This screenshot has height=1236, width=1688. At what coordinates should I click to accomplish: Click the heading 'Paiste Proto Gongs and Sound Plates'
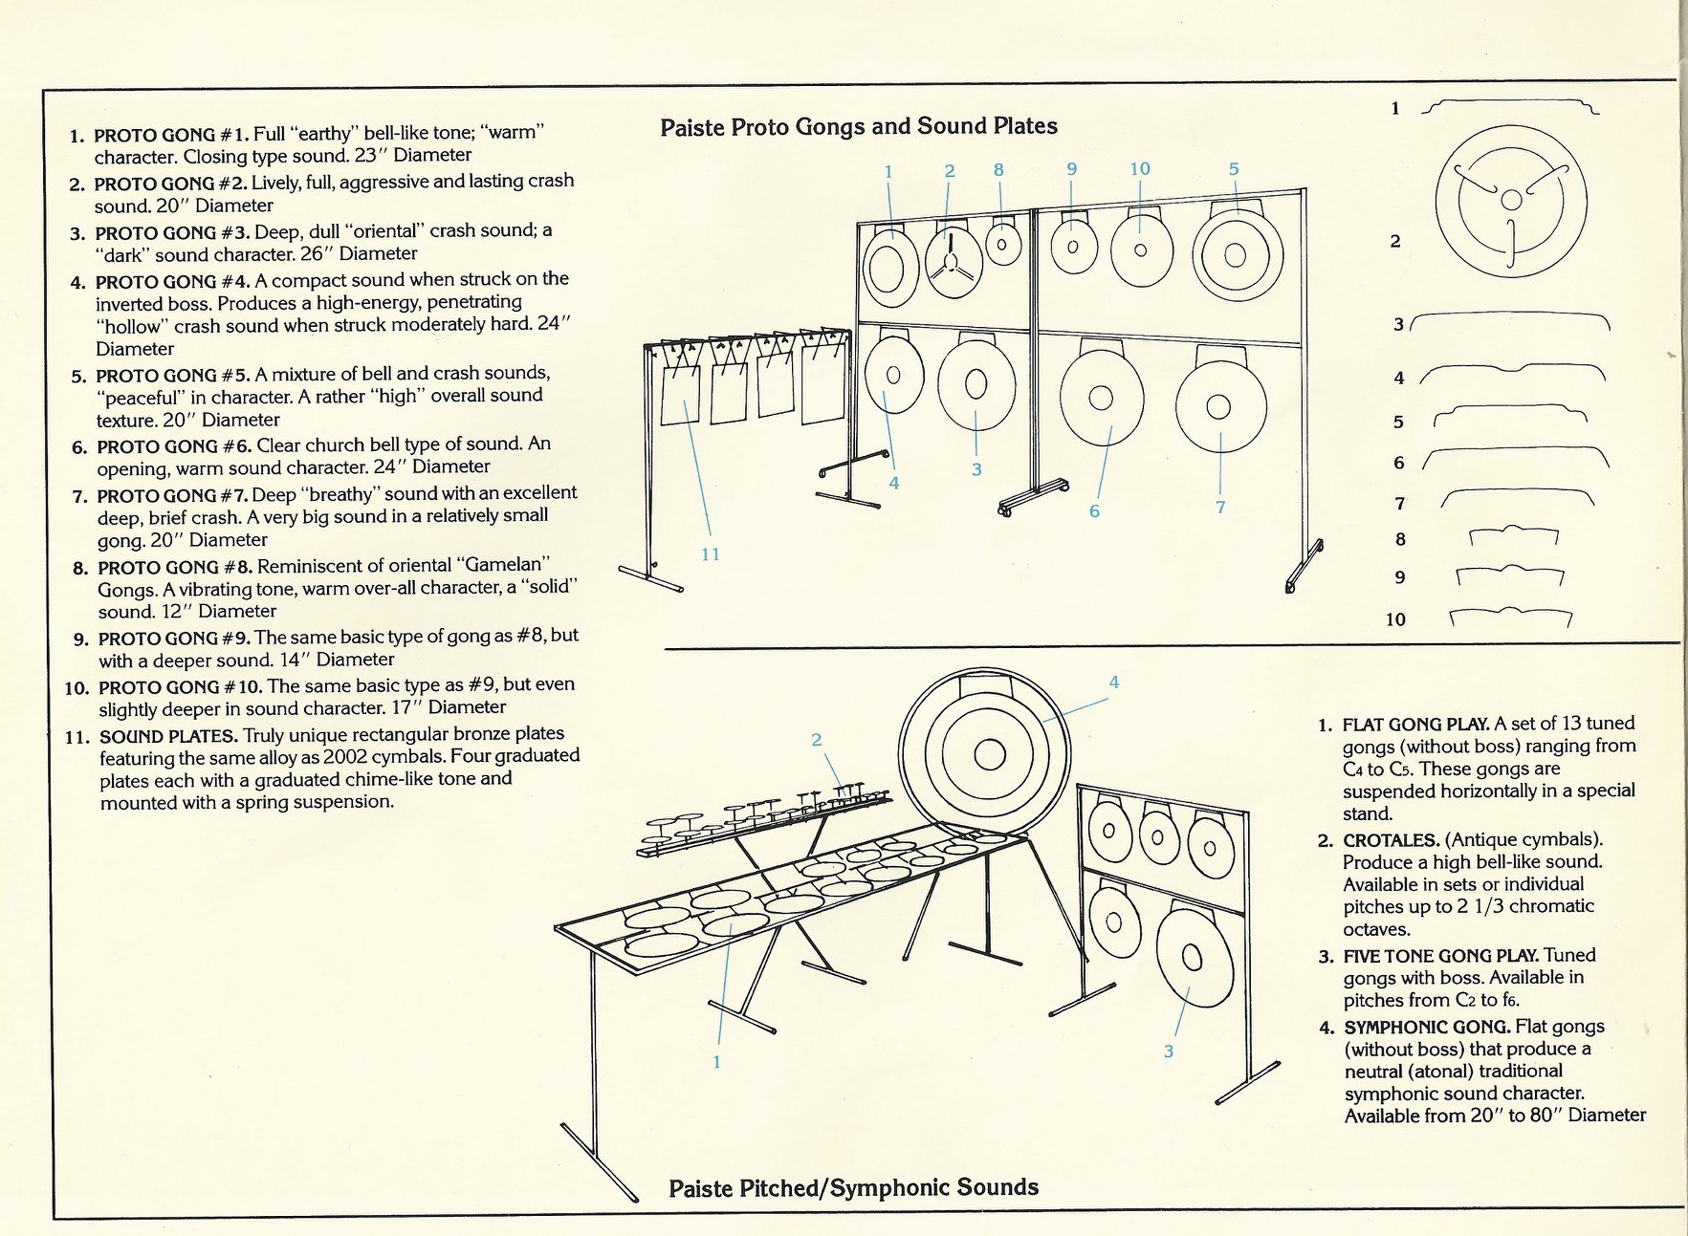(x=858, y=126)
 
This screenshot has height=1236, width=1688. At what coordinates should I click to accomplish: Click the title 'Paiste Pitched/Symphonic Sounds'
(x=853, y=1187)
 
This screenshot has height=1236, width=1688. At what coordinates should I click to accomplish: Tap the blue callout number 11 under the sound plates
(x=710, y=553)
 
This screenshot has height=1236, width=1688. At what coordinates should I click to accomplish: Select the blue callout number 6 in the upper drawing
(x=1094, y=511)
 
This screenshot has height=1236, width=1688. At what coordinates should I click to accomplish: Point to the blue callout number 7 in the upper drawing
(x=1220, y=507)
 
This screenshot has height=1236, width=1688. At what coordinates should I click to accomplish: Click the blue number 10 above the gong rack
(x=1139, y=169)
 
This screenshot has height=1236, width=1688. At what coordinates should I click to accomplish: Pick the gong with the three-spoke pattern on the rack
(x=954, y=265)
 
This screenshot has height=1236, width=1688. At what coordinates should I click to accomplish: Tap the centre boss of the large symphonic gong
(x=989, y=755)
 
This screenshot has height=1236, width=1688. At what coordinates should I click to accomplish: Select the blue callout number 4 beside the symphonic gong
(x=1113, y=682)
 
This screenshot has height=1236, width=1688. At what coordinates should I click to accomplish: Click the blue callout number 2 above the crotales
(x=816, y=739)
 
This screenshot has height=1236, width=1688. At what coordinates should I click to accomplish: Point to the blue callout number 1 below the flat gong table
(x=716, y=1061)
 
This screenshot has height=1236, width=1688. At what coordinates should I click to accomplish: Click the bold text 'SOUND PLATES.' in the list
(x=168, y=736)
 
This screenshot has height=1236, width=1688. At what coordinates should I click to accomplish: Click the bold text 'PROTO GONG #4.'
(x=172, y=281)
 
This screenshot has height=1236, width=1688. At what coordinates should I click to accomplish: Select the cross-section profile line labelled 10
(x=1510, y=617)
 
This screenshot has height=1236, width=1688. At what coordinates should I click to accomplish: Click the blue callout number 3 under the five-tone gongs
(x=1168, y=1051)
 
